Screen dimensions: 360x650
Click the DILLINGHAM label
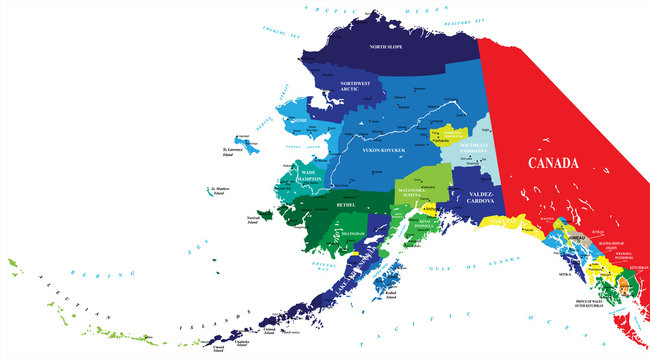click(x=353, y=233)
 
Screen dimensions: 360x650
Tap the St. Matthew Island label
click(x=227, y=191)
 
